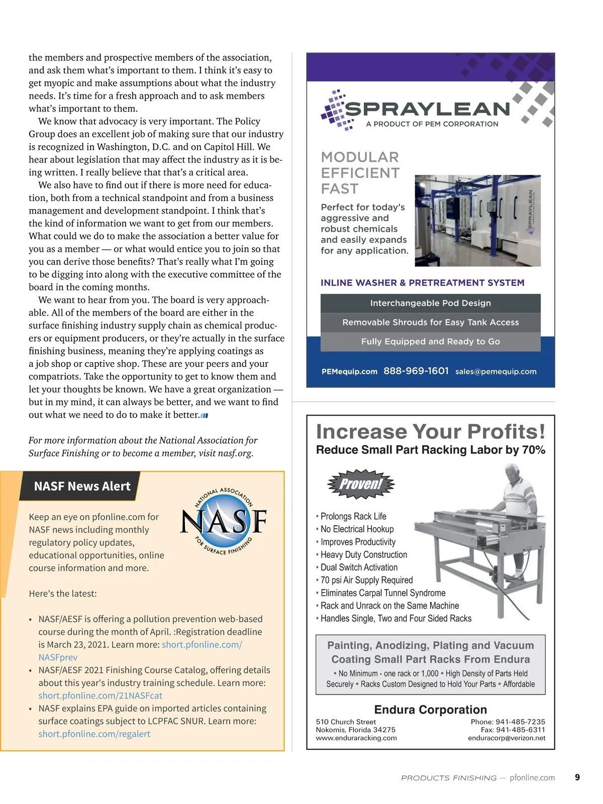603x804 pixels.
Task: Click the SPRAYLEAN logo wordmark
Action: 427,109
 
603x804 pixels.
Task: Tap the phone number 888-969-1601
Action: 416,371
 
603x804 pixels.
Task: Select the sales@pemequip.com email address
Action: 495,372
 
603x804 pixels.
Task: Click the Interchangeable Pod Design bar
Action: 430,303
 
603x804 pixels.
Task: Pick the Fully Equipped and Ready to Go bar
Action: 430,342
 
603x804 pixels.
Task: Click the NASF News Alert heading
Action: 82,486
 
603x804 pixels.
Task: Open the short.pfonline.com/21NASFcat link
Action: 100,695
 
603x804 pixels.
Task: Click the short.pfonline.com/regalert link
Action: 94,734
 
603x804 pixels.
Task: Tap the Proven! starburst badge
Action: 361,484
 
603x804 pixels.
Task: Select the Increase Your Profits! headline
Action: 430,432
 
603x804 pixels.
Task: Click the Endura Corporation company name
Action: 430,710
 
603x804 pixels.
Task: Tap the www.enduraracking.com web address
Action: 356,738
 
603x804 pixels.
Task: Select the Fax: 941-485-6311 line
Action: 513,730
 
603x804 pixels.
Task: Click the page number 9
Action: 577,777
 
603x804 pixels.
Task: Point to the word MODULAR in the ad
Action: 360,157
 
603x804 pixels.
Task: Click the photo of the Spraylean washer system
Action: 477,221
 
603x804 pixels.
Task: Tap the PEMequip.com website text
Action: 349,372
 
